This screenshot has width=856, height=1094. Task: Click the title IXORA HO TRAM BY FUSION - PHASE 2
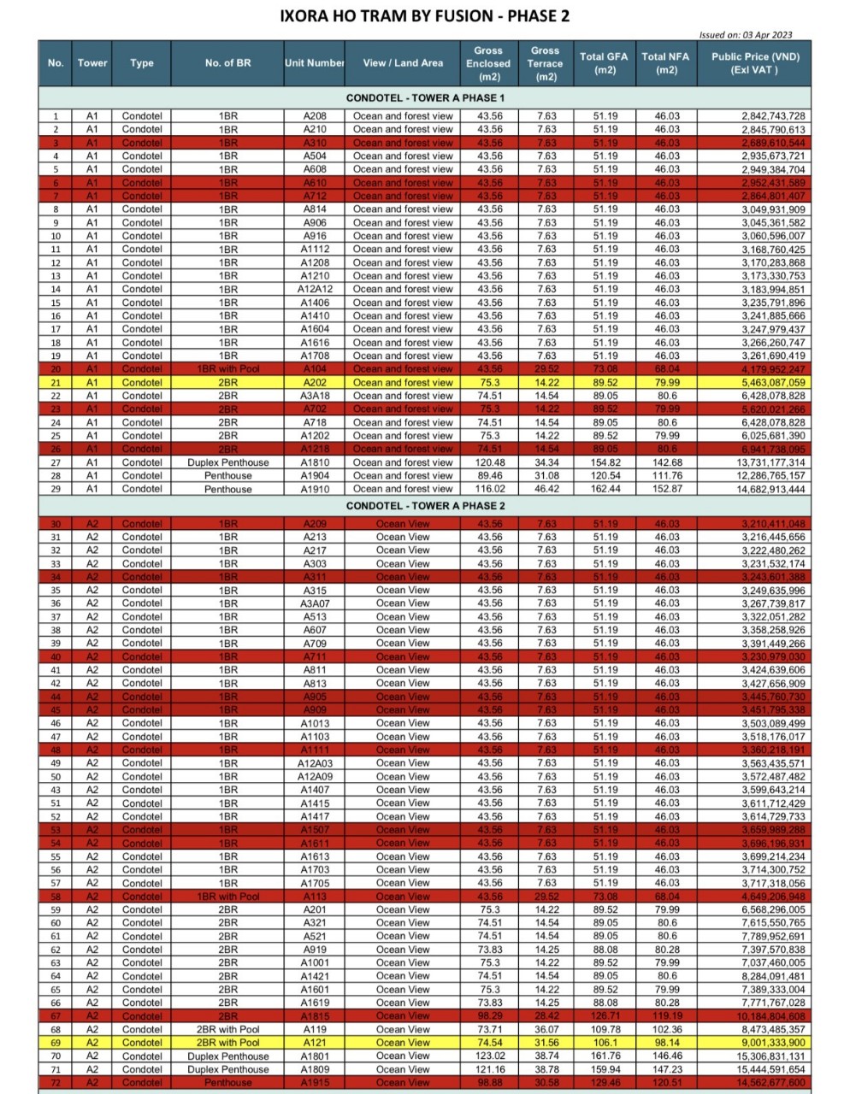pyautogui.click(x=425, y=16)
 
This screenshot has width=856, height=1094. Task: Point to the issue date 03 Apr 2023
pyautogui.click(x=746, y=35)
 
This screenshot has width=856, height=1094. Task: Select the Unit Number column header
pyautogui.click(x=315, y=63)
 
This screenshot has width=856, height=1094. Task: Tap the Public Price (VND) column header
pyautogui.click(x=755, y=63)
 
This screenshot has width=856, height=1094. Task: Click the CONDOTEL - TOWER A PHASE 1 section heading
pyautogui.click(x=425, y=98)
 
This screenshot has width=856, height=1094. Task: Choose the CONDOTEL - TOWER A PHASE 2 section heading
pyautogui.click(x=425, y=506)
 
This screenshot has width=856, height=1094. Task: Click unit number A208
pyautogui.click(x=315, y=116)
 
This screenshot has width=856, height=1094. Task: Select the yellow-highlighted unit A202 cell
pyautogui.click(x=315, y=383)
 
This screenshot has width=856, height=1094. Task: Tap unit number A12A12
pyautogui.click(x=315, y=290)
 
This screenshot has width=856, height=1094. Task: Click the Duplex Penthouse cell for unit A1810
pyautogui.click(x=227, y=462)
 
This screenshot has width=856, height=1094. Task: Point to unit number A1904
pyautogui.click(x=315, y=476)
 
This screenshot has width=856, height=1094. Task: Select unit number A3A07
pyautogui.click(x=315, y=603)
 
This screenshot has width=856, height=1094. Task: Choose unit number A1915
pyautogui.click(x=315, y=1083)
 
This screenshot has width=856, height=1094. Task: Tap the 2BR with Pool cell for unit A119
pyautogui.click(x=227, y=1030)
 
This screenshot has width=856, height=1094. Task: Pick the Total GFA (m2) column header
pyautogui.click(x=604, y=63)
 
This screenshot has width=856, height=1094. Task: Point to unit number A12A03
pyautogui.click(x=315, y=763)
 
